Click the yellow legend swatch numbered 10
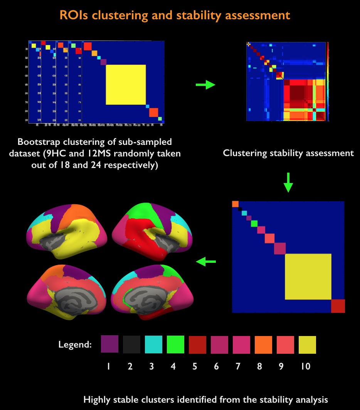[307, 344]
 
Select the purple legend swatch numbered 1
[109, 344]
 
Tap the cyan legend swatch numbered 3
[153, 344]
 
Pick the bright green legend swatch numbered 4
[175, 344]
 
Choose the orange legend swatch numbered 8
[263, 344]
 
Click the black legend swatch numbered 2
[131, 344]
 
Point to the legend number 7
[238, 366]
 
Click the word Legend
[75, 344]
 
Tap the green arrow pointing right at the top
[205, 84]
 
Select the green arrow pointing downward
[288, 182]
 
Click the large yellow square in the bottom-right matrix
[308, 276]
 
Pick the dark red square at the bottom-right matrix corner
[338, 306]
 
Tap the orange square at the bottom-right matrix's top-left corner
[235, 204]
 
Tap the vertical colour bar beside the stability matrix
[328, 82]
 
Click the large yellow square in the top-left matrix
[126, 84]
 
